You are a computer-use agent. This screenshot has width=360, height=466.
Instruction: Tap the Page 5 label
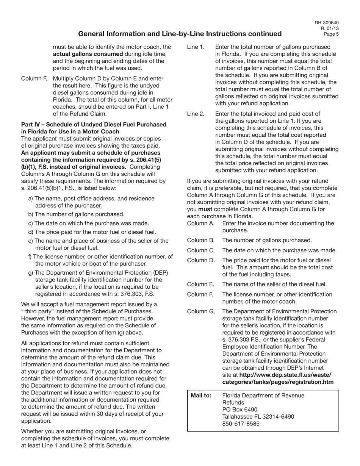pyautogui.click(x=331, y=34)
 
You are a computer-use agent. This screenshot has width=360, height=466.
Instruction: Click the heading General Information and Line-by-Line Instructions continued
pyautogui.click(x=180, y=34)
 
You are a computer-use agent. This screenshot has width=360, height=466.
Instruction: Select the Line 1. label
pyautogui.click(x=196, y=47)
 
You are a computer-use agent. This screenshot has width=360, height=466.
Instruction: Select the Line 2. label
pyautogui.click(x=196, y=114)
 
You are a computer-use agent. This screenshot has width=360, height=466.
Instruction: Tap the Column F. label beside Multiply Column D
pyautogui.click(x=34, y=79)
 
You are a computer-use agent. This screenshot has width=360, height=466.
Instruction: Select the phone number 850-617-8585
pyautogui.click(x=241, y=424)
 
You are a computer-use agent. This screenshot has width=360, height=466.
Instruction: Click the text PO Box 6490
pyautogui.click(x=239, y=410)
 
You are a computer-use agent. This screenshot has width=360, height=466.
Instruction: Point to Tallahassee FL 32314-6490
pyautogui.click(x=258, y=417)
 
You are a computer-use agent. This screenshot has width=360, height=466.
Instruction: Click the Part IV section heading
pyautogui.click(x=94, y=128)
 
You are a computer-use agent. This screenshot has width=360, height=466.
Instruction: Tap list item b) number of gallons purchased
pyautogui.click(x=76, y=214)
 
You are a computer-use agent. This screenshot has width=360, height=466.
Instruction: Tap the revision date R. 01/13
pyautogui.click(x=330, y=28)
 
